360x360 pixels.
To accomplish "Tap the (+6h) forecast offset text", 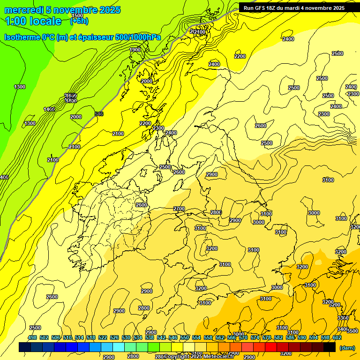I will tap(79, 21).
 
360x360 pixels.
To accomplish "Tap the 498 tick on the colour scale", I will tap(32, 337).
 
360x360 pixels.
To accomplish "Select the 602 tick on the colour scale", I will tap(337, 337).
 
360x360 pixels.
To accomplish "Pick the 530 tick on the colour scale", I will tap(126, 337).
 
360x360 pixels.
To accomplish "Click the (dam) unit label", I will tap(346, 347).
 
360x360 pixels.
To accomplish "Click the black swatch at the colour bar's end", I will tap(330, 347).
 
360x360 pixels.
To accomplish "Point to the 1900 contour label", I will tap(135, 50).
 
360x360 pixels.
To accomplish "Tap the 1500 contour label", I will tap(77, 16).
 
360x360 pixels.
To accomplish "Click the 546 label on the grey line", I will tap(99, 114).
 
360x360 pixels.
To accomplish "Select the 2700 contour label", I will tap(179, 209).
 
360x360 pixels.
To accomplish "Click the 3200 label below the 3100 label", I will tap(211, 248).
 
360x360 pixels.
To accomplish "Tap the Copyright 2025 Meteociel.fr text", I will tap(199, 356).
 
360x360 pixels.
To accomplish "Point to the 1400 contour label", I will tap(49, 109).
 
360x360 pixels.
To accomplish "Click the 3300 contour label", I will tap(343, 318).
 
